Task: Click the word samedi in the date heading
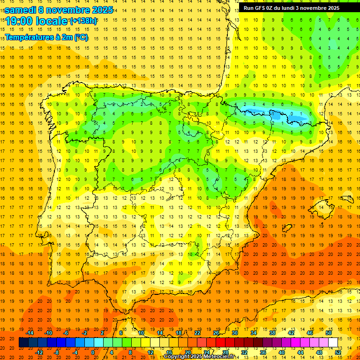tap(20, 10)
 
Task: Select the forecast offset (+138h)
tap(84, 21)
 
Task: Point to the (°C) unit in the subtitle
tap(81, 37)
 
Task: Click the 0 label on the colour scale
tap(92, 352)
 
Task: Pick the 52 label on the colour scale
tap(338, 352)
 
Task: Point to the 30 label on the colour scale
tap(234, 333)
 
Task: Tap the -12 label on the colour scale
tap(39, 352)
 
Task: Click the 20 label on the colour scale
tap(188, 352)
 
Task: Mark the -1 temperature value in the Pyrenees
tap(282, 113)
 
